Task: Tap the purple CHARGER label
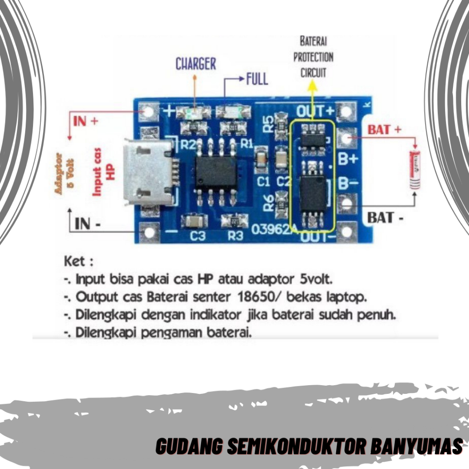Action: pos(196,64)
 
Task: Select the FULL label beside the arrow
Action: pos(257,79)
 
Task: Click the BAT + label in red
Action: pos(384,130)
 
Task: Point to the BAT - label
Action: pos(386,217)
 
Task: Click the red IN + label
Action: pos(86,121)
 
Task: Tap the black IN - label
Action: pos(88,224)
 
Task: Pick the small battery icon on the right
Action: pos(415,169)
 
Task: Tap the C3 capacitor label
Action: pos(197,236)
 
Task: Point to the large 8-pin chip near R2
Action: pos(216,172)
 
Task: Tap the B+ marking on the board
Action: pos(348,159)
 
